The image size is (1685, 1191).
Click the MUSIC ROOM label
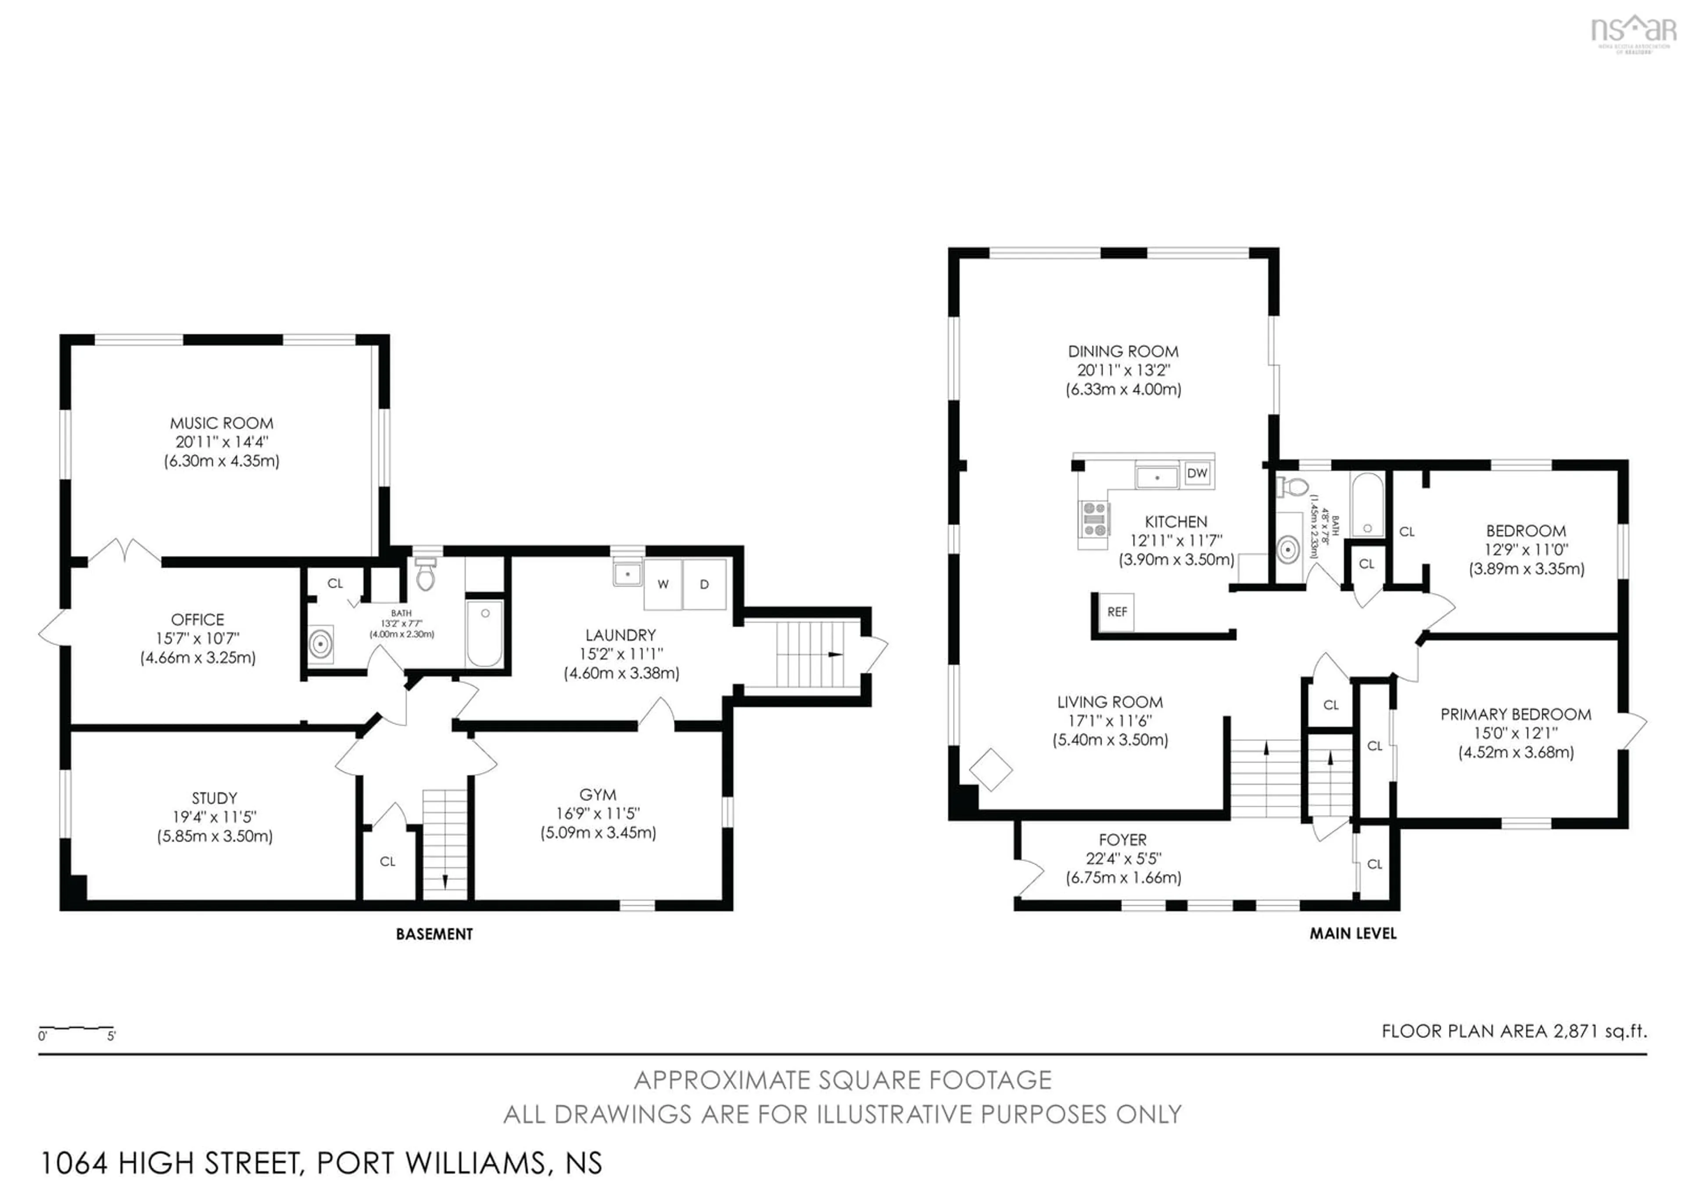click(x=222, y=423)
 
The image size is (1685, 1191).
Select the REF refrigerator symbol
click(x=1116, y=612)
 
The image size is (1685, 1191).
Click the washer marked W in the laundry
click(x=663, y=585)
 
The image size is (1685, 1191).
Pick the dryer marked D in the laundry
click(x=704, y=585)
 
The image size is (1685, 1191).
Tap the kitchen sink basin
click(x=1157, y=477)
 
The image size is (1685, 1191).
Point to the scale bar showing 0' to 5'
click(x=76, y=1030)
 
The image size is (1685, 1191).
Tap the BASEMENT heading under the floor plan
click(x=434, y=934)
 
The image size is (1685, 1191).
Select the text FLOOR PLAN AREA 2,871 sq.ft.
click(x=1514, y=1031)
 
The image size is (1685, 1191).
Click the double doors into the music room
click(x=124, y=552)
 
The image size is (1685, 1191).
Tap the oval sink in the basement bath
click(x=320, y=644)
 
